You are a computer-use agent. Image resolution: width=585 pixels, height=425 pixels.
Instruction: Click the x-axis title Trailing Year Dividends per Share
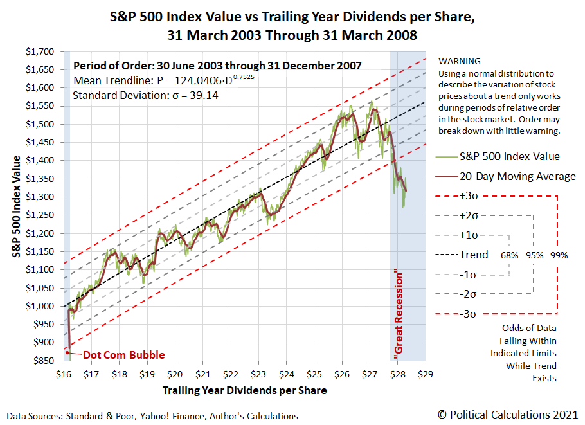coord(244,390)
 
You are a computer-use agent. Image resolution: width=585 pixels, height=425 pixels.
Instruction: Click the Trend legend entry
coord(474,255)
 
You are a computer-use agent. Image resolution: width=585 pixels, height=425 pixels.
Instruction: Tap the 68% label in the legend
coord(510,255)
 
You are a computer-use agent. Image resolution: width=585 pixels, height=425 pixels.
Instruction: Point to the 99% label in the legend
coord(559,255)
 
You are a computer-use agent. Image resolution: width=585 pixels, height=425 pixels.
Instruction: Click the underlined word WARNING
coord(459,62)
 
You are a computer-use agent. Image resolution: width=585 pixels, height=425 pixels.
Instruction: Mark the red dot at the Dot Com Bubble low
coord(67,352)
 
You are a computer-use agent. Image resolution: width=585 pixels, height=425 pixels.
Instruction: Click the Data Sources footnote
coord(152,416)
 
